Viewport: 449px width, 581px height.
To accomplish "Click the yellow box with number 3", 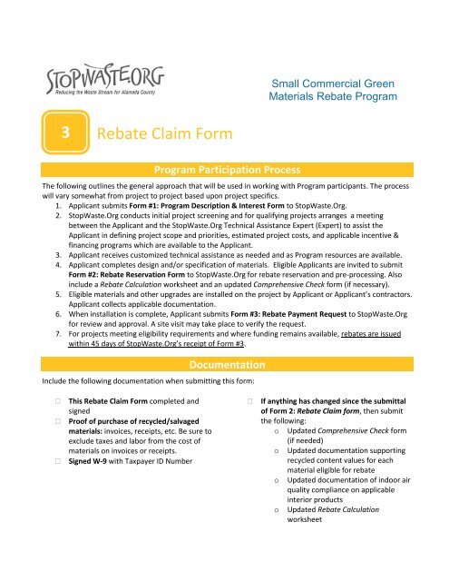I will coord(65,133).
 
